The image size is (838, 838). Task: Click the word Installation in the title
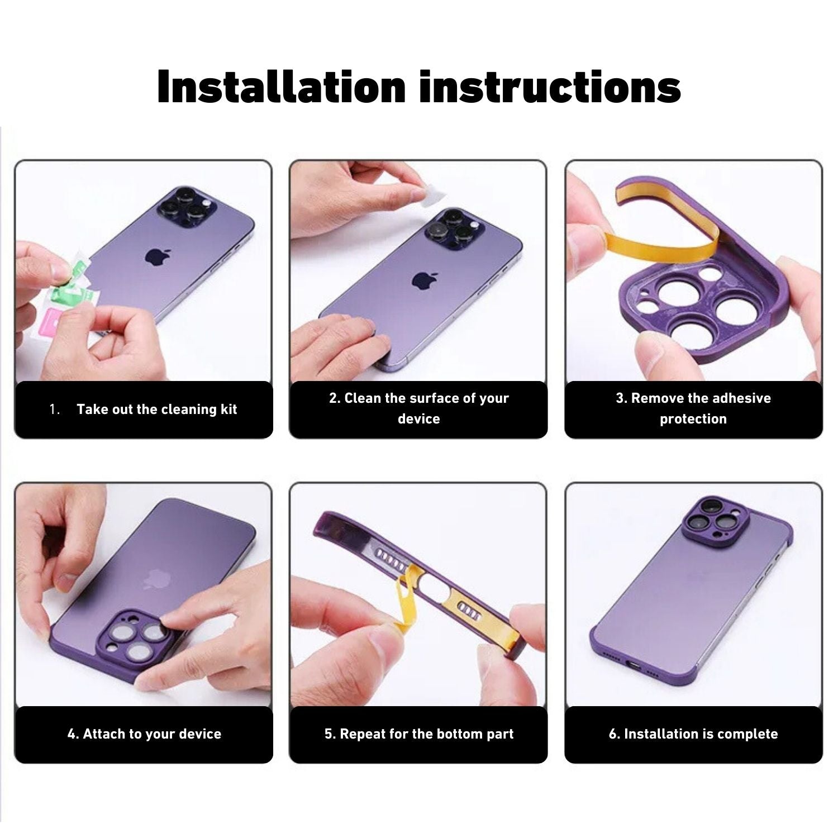[x=282, y=87]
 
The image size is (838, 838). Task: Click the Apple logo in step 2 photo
[x=425, y=280]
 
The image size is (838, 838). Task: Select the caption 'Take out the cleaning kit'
[x=157, y=410]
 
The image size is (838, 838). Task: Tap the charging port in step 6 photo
[x=635, y=665]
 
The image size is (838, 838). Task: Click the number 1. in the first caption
[x=55, y=410]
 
